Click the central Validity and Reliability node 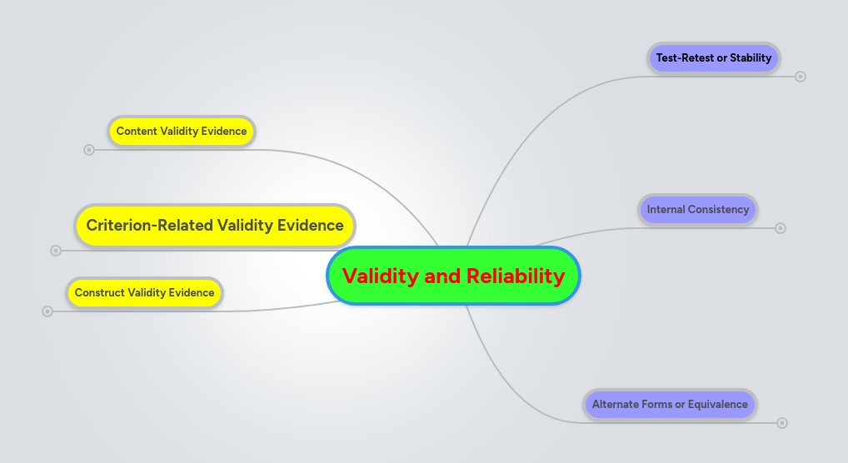(x=453, y=276)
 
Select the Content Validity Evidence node (x=182, y=132)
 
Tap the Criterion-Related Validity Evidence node (x=215, y=226)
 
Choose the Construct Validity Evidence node (x=144, y=293)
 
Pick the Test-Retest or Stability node (x=714, y=58)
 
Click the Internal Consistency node (x=698, y=210)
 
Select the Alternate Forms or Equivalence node (x=670, y=405)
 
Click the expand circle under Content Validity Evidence (x=89, y=150)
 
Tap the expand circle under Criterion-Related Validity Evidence (x=56, y=250)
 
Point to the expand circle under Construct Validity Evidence (x=47, y=311)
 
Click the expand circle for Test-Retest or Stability (x=801, y=77)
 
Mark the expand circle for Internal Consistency (x=781, y=228)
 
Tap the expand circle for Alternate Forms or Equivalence (x=782, y=423)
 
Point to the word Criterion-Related (x=150, y=226)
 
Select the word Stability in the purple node (x=750, y=58)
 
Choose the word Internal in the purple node (x=666, y=210)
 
